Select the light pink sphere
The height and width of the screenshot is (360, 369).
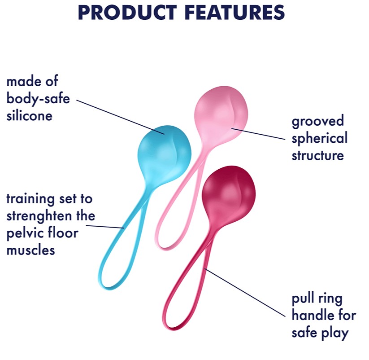pyautogui.click(x=221, y=115)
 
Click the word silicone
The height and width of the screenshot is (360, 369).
pyautogui.click(x=30, y=116)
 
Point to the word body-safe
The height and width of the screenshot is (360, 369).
pyautogui.click(x=38, y=98)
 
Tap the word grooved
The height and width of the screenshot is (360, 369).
pyautogui.click(x=318, y=121)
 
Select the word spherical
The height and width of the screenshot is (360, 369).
pyautogui.click(x=319, y=139)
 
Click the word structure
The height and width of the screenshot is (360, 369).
pyautogui.click(x=318, y=155)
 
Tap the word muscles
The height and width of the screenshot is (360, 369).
pyautogui.click(x=30, y=250)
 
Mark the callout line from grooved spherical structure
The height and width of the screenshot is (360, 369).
pyautogui.click(x=258, y=134)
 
